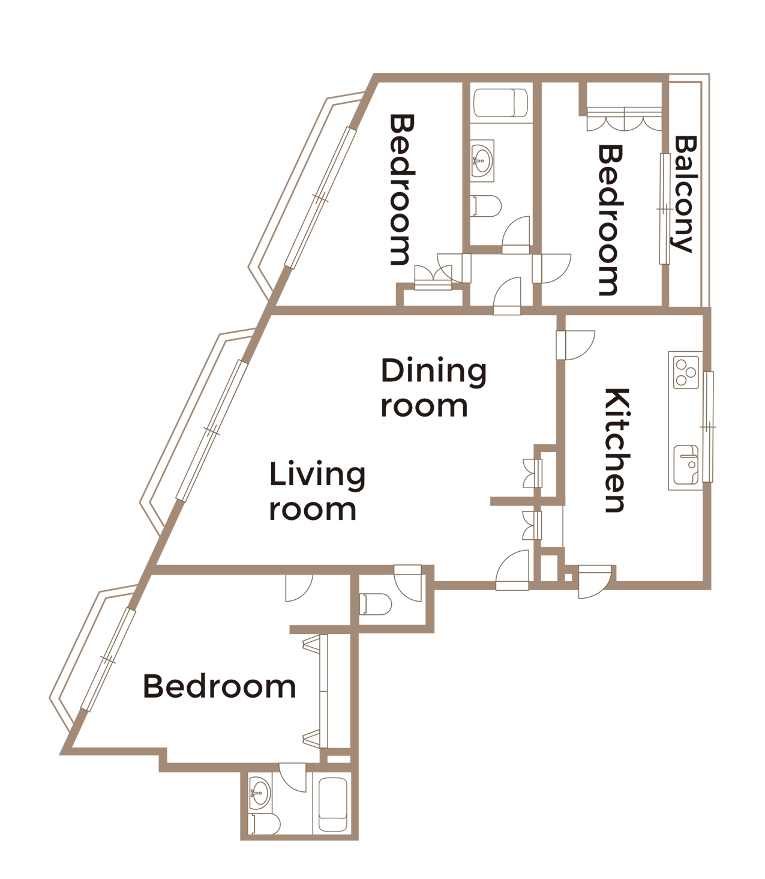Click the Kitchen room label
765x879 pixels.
pyautogui.click(x=617, y=450)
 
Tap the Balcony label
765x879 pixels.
pyautogui.click(x=685, y=194)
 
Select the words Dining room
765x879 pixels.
pyautogui.click(x=433, y=388)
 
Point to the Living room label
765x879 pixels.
pyautogui.click(x=316, y=491)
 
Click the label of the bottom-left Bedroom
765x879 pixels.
pyautogui.click(x=220, y=686)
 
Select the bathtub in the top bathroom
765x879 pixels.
pyautogui.click(x=500, y=104)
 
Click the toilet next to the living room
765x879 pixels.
pyautogui.click(x=376, y=604)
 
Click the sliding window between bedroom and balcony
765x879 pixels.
pyautogui.click(x=664, y=209)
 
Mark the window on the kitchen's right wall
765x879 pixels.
pyautogui.click(x=708, y=426)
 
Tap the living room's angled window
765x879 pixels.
pyautogui.click(x=212, y=430)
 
